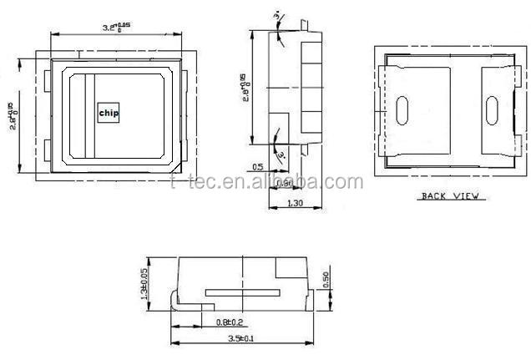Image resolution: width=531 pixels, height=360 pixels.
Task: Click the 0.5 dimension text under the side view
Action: (x=257, y=167)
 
